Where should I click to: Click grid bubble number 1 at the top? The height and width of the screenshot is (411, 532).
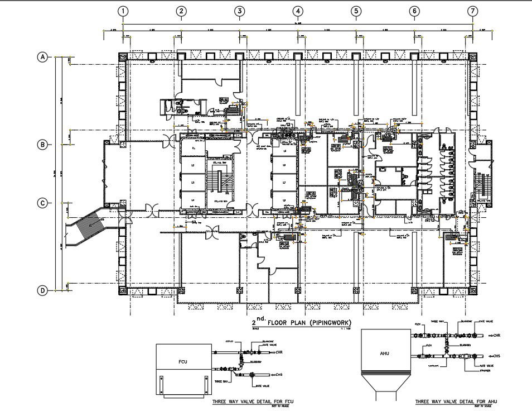click(x=123, y=11)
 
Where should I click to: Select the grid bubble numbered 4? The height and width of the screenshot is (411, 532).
click(x=298, y=11)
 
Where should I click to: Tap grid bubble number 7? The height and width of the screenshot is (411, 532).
click(x=473, y=11)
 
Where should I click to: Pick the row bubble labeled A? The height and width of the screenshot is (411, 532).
click(x=42, y=57)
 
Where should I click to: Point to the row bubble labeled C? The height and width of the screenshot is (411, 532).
click(x=42, y=203)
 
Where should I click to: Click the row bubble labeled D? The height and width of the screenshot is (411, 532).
click(x=42, y=290)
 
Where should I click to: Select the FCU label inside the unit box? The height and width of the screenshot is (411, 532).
click(x=182, y=361)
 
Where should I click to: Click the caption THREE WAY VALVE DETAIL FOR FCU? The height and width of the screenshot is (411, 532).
click(x=253, y=401)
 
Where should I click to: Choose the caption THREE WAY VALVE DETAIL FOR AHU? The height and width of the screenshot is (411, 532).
click(x=456, y=401)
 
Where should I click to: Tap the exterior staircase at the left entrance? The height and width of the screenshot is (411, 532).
click(x=89, y=226)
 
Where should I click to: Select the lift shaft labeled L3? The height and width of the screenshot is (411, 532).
click(x=193, y=183)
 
